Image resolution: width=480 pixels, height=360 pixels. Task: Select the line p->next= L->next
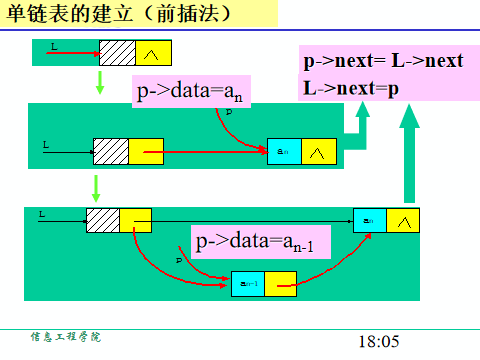coord(384,61)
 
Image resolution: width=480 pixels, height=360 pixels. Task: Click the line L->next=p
coord(351,87)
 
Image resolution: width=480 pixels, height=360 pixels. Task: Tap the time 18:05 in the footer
coord(378,341)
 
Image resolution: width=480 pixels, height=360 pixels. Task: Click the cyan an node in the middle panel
coord(284,152)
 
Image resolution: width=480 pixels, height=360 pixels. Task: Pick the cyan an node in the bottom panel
coord(370,220)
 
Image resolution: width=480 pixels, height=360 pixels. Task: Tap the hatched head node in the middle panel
coord(111,151)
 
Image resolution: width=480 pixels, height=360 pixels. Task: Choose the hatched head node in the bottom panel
coord(103,220)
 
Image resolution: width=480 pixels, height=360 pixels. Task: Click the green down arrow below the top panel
coord(98,83)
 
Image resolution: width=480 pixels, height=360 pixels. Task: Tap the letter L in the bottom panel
coord(42,214)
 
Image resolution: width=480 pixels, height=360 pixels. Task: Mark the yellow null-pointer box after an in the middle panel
coord(318,152)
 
